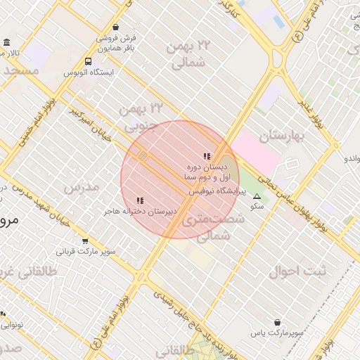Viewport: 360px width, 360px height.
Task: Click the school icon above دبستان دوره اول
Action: (x=206, y=156)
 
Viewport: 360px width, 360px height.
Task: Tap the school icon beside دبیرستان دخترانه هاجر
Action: (x=141, y=201)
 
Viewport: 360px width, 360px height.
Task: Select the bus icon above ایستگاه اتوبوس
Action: (x=88, y=61)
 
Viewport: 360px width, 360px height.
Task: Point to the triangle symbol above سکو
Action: (x=257, y=197)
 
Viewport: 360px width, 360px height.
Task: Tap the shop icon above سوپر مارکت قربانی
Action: (x=85, y=240)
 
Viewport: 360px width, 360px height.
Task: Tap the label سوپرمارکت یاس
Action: (x=279, y=333)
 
